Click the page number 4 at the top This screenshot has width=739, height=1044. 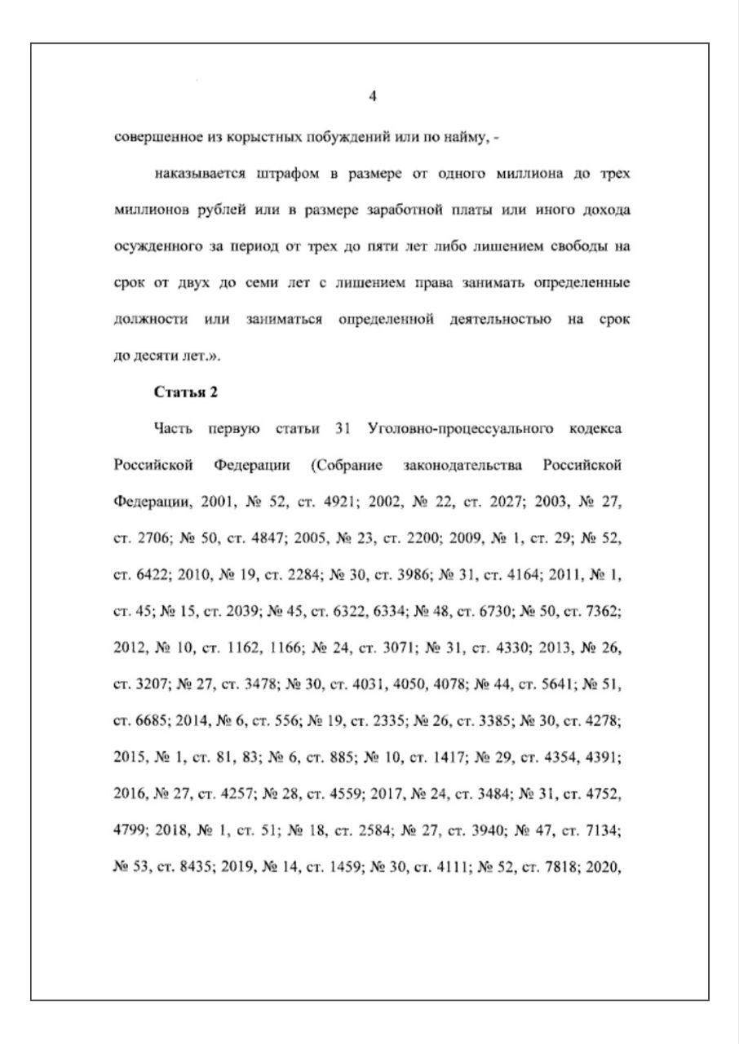click(373, 96)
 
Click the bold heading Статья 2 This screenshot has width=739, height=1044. click(186, 392)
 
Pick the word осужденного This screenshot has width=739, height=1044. click(157, 247)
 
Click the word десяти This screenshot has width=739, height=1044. click(165, 356)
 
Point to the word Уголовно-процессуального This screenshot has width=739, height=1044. click(462, 428)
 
